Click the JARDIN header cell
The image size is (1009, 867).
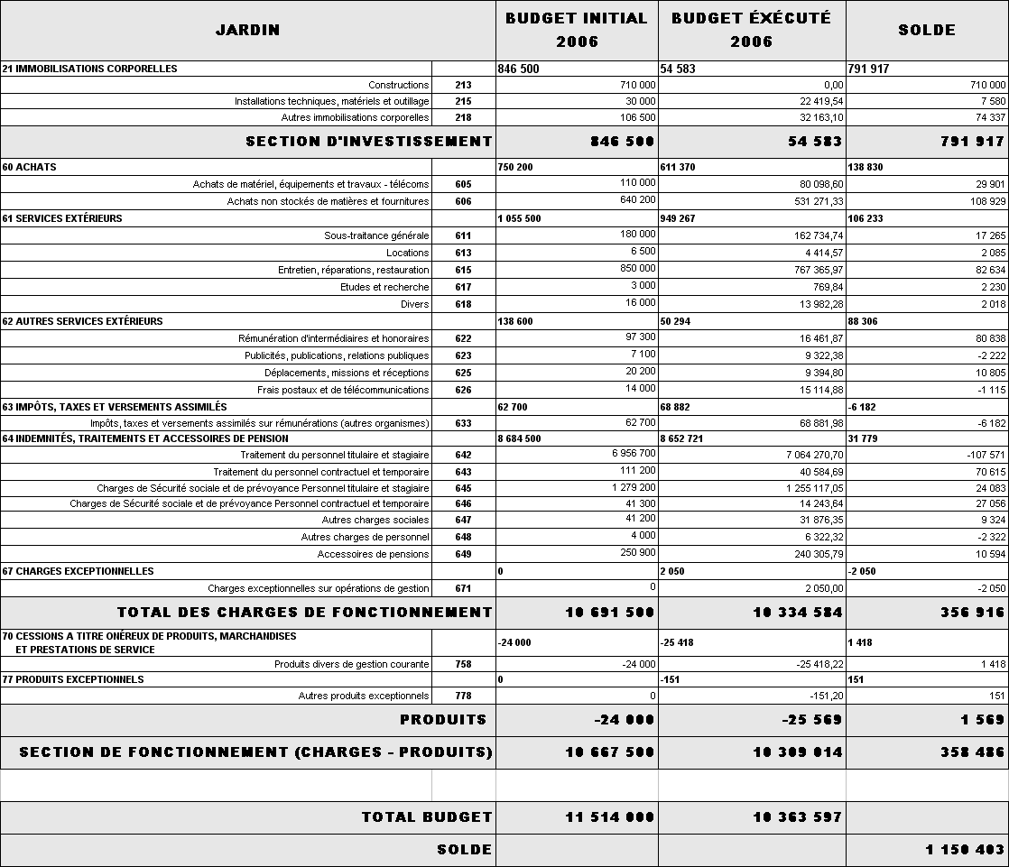click(x=247, y=30)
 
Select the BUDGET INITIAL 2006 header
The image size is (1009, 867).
click(x=577, y=30)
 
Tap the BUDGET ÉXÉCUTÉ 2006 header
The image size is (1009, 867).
click(x=751, y=30)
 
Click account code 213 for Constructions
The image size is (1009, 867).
click(x=463, y=85)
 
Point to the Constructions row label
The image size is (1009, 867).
click(x=399, y=85)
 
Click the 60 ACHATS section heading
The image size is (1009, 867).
click(x=29, y=167)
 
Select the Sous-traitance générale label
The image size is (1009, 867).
click(x=376, y=235)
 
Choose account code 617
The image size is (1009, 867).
click(x=463, y=287)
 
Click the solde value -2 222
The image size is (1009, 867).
click(x=988, y=355)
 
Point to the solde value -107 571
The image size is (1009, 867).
click(x=983, y=455)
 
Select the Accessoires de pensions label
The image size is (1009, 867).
click(x=373, y=554)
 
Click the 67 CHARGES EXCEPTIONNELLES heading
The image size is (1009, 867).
click(x=78, y=571)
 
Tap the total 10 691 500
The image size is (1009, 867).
click(x=609, y=613)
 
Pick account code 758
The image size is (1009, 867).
click(x=463, y=664)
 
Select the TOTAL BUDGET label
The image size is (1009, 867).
click(x=426, y=817)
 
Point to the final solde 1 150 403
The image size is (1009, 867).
click(x=965, y=850)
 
